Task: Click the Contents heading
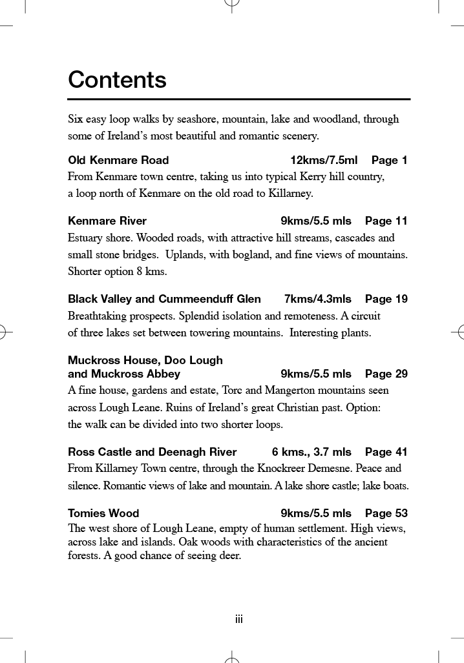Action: click(117, 80)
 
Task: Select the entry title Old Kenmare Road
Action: click(118, 160)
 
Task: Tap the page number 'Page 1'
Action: click(389, 160)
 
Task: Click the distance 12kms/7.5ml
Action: click(324, 160)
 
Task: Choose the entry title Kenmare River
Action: click(107, 221)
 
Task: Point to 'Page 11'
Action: click(386, 221)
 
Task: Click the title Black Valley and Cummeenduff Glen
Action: click(164, 299)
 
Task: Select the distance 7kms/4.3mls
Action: click(318, 299)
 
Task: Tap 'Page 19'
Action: click(386, 299)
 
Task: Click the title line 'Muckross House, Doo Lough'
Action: click(145, 360)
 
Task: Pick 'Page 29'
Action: click(386, 374)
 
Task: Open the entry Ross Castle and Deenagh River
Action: click(152, 452)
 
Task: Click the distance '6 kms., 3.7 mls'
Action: click(311, 452)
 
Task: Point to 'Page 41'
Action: click(386, 452)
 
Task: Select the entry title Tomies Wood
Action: click(103, 513)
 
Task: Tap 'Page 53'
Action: click(386, 513)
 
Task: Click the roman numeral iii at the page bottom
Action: click(238, 620)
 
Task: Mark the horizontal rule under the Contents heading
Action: click(239, 99)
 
